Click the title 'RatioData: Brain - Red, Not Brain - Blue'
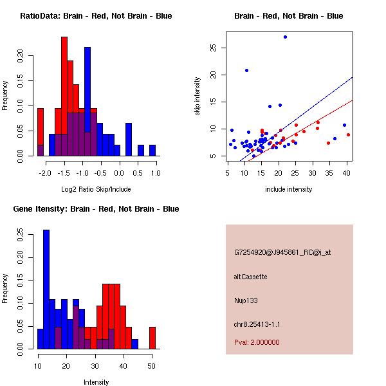pyautogui.click(x=96, y=16)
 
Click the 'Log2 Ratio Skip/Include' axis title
pyautogui.click(x=96, y=189)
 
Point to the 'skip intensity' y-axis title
pyautogui.click(x=198, y=96)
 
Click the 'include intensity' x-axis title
pyautogui.click(x=289, y=189)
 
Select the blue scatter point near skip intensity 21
pyautogui.click(x=246, y=70)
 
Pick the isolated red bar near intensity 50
pyautogui.click(x=152, y=338)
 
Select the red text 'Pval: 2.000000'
pyautogui.click(x=257, y=342)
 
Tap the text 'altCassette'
pyautogui.click(x=250, y=277)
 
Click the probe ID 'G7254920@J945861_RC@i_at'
pyautogui.click(x=282, y=253)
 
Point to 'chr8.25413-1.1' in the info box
pyautogui.click(x=257, y=324)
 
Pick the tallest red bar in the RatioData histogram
pyautogui.click(x=64, y=96)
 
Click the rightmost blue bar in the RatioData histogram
pyautogui.click(x=152, y=150)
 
